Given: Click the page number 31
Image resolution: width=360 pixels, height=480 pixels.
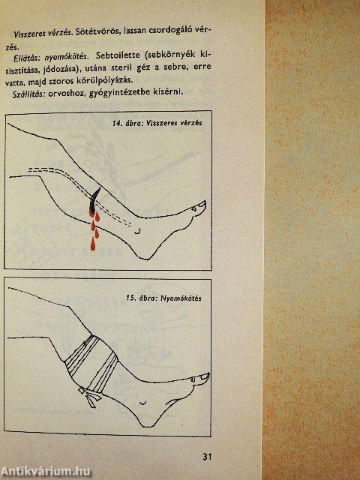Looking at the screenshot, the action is (x=207, y=457).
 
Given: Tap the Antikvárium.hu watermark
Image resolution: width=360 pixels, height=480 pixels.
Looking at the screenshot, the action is (x=45, y=472).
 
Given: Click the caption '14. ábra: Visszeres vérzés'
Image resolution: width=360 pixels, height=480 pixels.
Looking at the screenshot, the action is (x=157, y=123).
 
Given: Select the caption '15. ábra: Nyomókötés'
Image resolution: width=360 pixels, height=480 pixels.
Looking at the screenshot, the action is (x=164, y=298).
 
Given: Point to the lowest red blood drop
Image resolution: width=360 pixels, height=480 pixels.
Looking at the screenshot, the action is (x=93, y=244).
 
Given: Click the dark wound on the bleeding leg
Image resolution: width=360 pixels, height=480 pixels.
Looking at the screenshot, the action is (x=93, y=200).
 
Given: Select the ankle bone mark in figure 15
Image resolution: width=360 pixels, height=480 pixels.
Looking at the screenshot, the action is (x=142, y=403).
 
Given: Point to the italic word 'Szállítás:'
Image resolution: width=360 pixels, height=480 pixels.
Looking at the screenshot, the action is (x=28, y=94).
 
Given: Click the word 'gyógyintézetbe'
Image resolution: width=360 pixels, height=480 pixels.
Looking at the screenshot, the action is (x=115, y=93).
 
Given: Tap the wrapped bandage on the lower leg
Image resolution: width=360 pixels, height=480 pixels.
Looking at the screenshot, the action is (x=91, y=364).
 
